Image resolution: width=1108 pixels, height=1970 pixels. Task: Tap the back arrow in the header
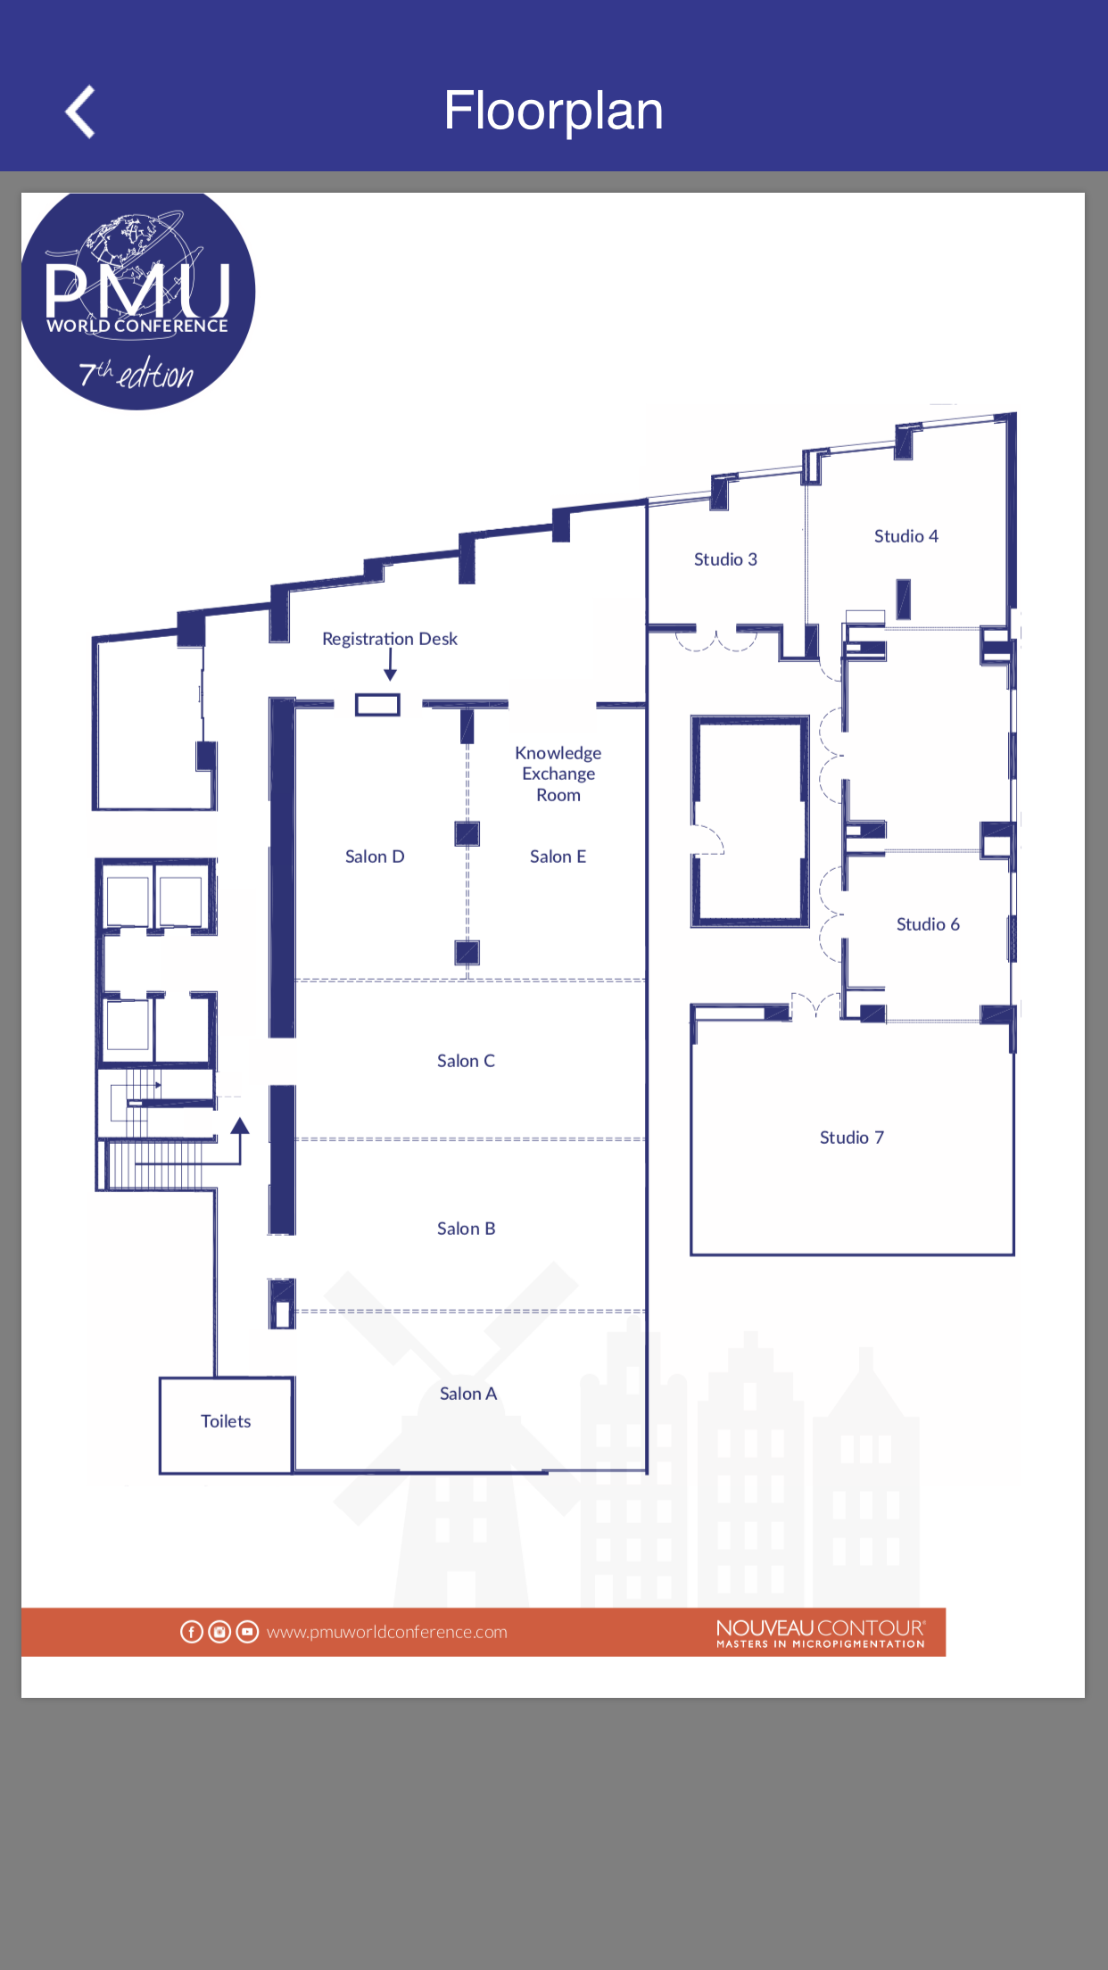(80, 112)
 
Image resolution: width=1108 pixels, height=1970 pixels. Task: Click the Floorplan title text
(553, 112)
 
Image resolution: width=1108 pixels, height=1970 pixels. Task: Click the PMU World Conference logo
(138, 300)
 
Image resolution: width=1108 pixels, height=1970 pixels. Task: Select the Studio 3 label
(725, 559)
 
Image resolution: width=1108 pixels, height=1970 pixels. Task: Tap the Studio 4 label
(905, 536)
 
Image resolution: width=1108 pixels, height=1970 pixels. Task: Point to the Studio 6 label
(928, 924)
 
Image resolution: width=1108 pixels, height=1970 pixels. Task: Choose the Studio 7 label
(852, 1138)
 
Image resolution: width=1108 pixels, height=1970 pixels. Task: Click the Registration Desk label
(390, 640)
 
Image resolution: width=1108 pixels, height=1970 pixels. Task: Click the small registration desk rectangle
(377, 705)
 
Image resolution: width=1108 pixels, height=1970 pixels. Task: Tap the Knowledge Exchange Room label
(558, 774)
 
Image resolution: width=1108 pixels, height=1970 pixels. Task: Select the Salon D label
(375, 857)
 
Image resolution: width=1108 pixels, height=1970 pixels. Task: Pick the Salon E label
(558, 857)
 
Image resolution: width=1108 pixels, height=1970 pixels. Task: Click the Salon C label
(466, 1061)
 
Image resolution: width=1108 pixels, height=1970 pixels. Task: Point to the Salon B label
(466, 1229)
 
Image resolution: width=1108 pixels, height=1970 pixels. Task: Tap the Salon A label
(468, 1394)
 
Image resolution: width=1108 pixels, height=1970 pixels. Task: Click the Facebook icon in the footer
(191, 1632)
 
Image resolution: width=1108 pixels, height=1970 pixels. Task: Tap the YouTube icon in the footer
(247, 1632)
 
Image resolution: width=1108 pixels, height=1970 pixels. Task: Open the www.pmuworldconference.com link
(386, 1632)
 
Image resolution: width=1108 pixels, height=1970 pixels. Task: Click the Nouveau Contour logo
(821, 1634)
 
